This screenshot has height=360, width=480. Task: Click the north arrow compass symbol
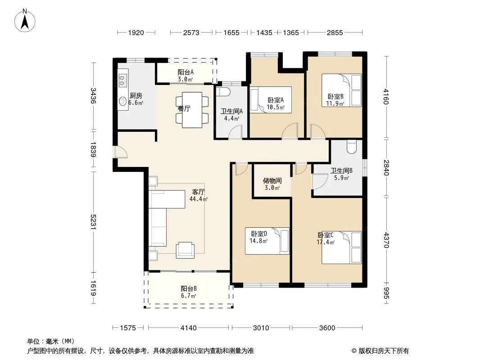click(x=25, y=21)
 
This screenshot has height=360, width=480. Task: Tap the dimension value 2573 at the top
click(x=191, y=32)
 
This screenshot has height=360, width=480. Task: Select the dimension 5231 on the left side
click(x=93, y=221)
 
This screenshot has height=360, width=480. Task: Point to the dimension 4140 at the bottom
click(x=189, y=328)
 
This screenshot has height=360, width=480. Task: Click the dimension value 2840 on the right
click(x=386, y=167)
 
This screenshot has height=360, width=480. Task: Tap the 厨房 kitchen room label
click(x=136, y=96)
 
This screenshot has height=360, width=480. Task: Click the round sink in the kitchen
click(x=123, y=101)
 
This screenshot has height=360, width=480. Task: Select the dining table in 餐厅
click(x=192, y=110)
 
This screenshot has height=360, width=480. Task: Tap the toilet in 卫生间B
click(x=352, y=147)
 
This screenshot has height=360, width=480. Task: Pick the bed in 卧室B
click(x=342, y=90)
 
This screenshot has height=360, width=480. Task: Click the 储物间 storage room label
click(x=272, y=181)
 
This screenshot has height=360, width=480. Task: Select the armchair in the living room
click(x=185, y=250)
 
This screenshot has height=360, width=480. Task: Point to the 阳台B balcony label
click(x=189, y=288)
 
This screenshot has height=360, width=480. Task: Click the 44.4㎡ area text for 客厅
click(x=199, y=199)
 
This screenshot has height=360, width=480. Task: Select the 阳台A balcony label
click(x=186, y=72)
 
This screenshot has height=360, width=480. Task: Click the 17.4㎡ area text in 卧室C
click(x=326, y=242)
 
